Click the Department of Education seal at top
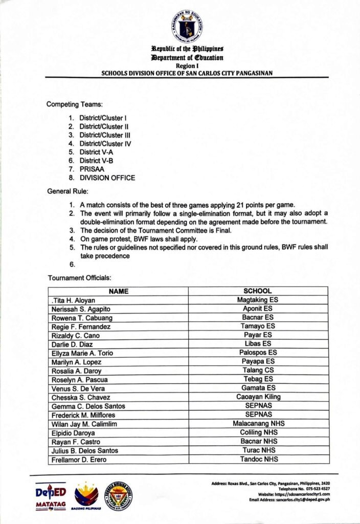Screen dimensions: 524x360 [x=186, y=26]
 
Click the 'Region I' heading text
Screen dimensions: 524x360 [x=186, y=66]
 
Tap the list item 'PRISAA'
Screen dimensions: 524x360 [x=91, y=169]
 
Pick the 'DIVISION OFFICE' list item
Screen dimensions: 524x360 [x=107, y=178]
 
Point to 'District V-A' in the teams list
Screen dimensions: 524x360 [x=97, y=152]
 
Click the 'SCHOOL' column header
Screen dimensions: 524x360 [x=258, y=291]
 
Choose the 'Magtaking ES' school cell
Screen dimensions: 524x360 [x=258, y=300]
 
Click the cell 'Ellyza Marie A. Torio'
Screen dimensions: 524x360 [x=82, y=353]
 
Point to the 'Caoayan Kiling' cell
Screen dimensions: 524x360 [x=258, y=397]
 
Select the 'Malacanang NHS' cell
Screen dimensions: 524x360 [x=258, y=424]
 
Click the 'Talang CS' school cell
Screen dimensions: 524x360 [x=258, y=370]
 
